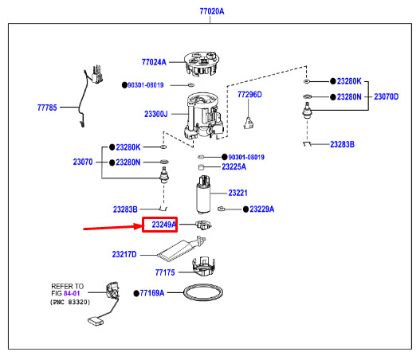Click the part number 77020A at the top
212,11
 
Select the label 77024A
154,62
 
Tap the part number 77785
47,108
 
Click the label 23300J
156,114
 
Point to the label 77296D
249,95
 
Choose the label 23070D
387,96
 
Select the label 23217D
124,254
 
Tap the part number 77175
165,272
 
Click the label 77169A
152,293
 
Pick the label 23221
237,193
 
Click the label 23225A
234,166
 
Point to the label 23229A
262,209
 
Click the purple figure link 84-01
72,293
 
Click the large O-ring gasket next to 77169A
203,285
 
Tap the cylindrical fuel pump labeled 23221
203,194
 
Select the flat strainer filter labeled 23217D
182,248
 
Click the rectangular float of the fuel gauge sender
95,321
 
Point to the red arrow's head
142,227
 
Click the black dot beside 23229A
246,209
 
